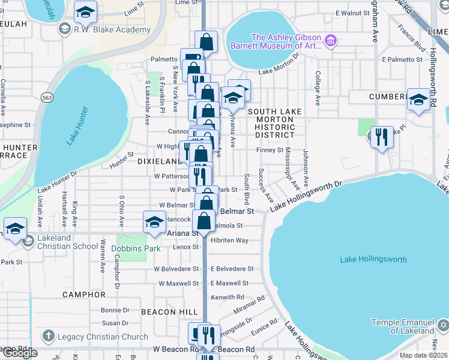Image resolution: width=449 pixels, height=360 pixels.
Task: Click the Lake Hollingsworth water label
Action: click(373, 259)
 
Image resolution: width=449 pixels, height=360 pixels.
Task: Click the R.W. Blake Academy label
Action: click(112, 29)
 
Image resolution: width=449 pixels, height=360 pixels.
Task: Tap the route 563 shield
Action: click(46, 96)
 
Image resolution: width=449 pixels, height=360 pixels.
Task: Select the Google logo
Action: click(19, 353)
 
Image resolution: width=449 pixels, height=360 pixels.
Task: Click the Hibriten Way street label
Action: click(229, 240)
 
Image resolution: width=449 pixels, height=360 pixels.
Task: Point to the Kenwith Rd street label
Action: click(228, 297)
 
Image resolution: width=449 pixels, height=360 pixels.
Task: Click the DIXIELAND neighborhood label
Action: click(158, 161)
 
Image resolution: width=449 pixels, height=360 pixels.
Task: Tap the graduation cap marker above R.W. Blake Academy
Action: click(86, 11)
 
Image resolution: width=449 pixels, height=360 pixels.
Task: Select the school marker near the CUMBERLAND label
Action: click(418, 100)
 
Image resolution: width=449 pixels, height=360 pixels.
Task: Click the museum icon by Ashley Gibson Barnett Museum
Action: click(330, 41)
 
